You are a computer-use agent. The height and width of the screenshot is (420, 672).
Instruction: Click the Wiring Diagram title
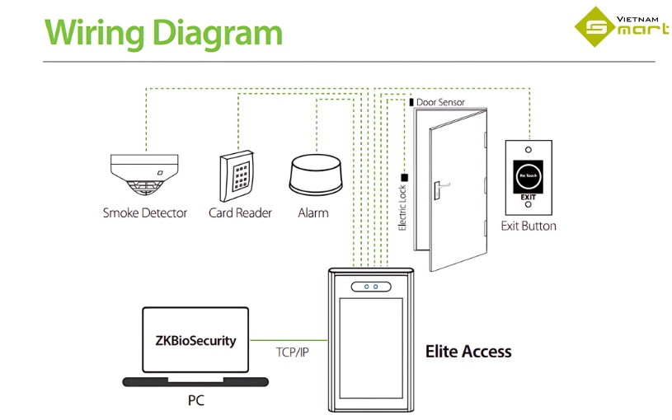(162, 32)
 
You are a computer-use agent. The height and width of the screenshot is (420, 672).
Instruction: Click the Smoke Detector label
(144, 213)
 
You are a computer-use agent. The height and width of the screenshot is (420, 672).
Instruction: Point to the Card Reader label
(240, 213)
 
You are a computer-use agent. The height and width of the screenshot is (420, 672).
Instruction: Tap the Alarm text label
(313, 213)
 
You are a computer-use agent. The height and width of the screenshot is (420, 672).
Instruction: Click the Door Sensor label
(440, 103)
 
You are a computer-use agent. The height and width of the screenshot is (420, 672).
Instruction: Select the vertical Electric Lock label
(403, 207)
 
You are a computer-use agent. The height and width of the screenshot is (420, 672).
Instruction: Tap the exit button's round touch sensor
(528, 175)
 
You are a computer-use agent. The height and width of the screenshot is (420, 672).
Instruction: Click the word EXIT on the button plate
(528, 198)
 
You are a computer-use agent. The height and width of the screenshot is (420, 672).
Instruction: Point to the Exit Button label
(529, 226)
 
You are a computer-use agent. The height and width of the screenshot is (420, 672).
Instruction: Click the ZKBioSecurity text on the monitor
(195, 340)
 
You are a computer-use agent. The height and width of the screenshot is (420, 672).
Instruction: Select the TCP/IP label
(292, 352)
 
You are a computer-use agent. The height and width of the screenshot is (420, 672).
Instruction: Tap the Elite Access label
(468, 352)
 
